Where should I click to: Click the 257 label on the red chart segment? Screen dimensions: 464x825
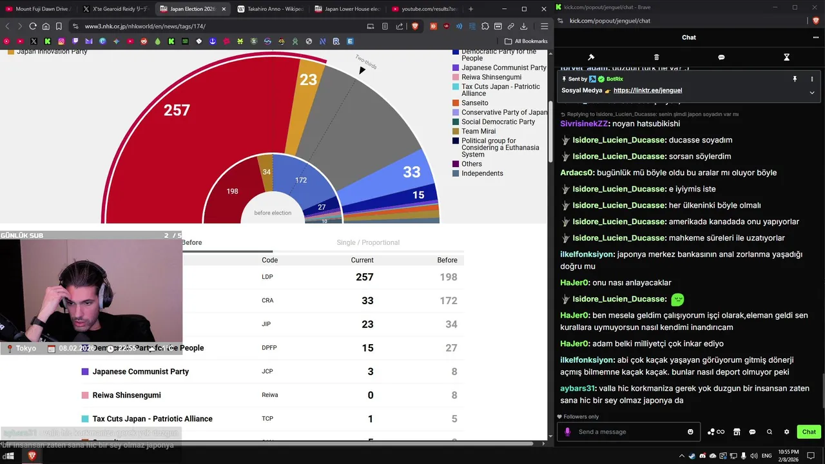(x=177, y=110)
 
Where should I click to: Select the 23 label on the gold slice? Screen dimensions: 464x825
(x=309, y=80)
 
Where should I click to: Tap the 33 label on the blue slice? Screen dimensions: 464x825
(x=411, y=172)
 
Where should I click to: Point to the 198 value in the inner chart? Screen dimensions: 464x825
(x=232, y=191)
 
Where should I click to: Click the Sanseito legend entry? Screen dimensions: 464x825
(x=474, y=103)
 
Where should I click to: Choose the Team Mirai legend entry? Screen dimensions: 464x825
(x=478, y=131)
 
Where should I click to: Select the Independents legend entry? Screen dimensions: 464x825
(x=482, y=173)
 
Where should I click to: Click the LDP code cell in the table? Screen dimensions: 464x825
(x=267, y=277)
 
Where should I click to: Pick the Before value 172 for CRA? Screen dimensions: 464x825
(x=448, y=301)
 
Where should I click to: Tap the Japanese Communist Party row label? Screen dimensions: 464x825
(x=141, y=372)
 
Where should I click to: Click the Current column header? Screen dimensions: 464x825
(x=362, y=260)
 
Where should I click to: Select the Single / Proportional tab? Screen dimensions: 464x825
(x=368, y=243)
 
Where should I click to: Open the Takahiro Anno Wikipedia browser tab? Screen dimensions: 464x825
(x=271, y=9)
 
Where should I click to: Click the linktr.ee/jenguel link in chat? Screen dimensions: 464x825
(x=647, y=91)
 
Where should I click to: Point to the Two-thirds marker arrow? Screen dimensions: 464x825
(x=362, y=70)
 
